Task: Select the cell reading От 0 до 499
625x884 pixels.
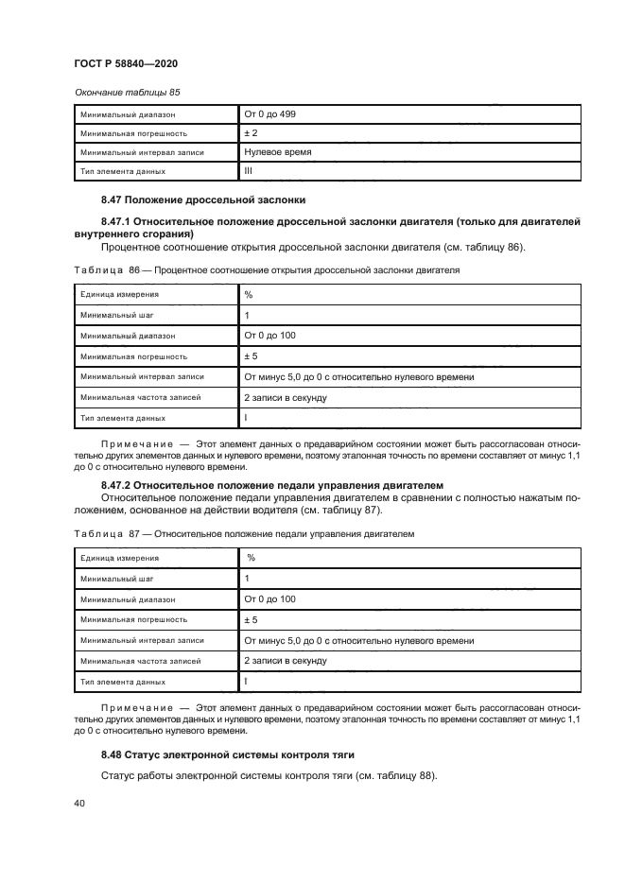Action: click(269, 114)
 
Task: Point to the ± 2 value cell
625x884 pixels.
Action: click(252, 133)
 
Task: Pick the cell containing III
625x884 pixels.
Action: click(249, 171)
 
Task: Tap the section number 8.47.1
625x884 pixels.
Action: click(119, 221)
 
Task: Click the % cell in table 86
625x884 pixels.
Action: click(249, 294)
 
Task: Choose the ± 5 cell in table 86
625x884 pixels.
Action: click(252, 356)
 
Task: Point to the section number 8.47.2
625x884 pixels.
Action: click(119, 484)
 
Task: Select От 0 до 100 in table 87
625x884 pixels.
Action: click(269, 599)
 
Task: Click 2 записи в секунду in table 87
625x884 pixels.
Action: click(285, 661)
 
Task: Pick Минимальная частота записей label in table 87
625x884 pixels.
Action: click(140, 661)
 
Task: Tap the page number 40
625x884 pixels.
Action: click(79, 803)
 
